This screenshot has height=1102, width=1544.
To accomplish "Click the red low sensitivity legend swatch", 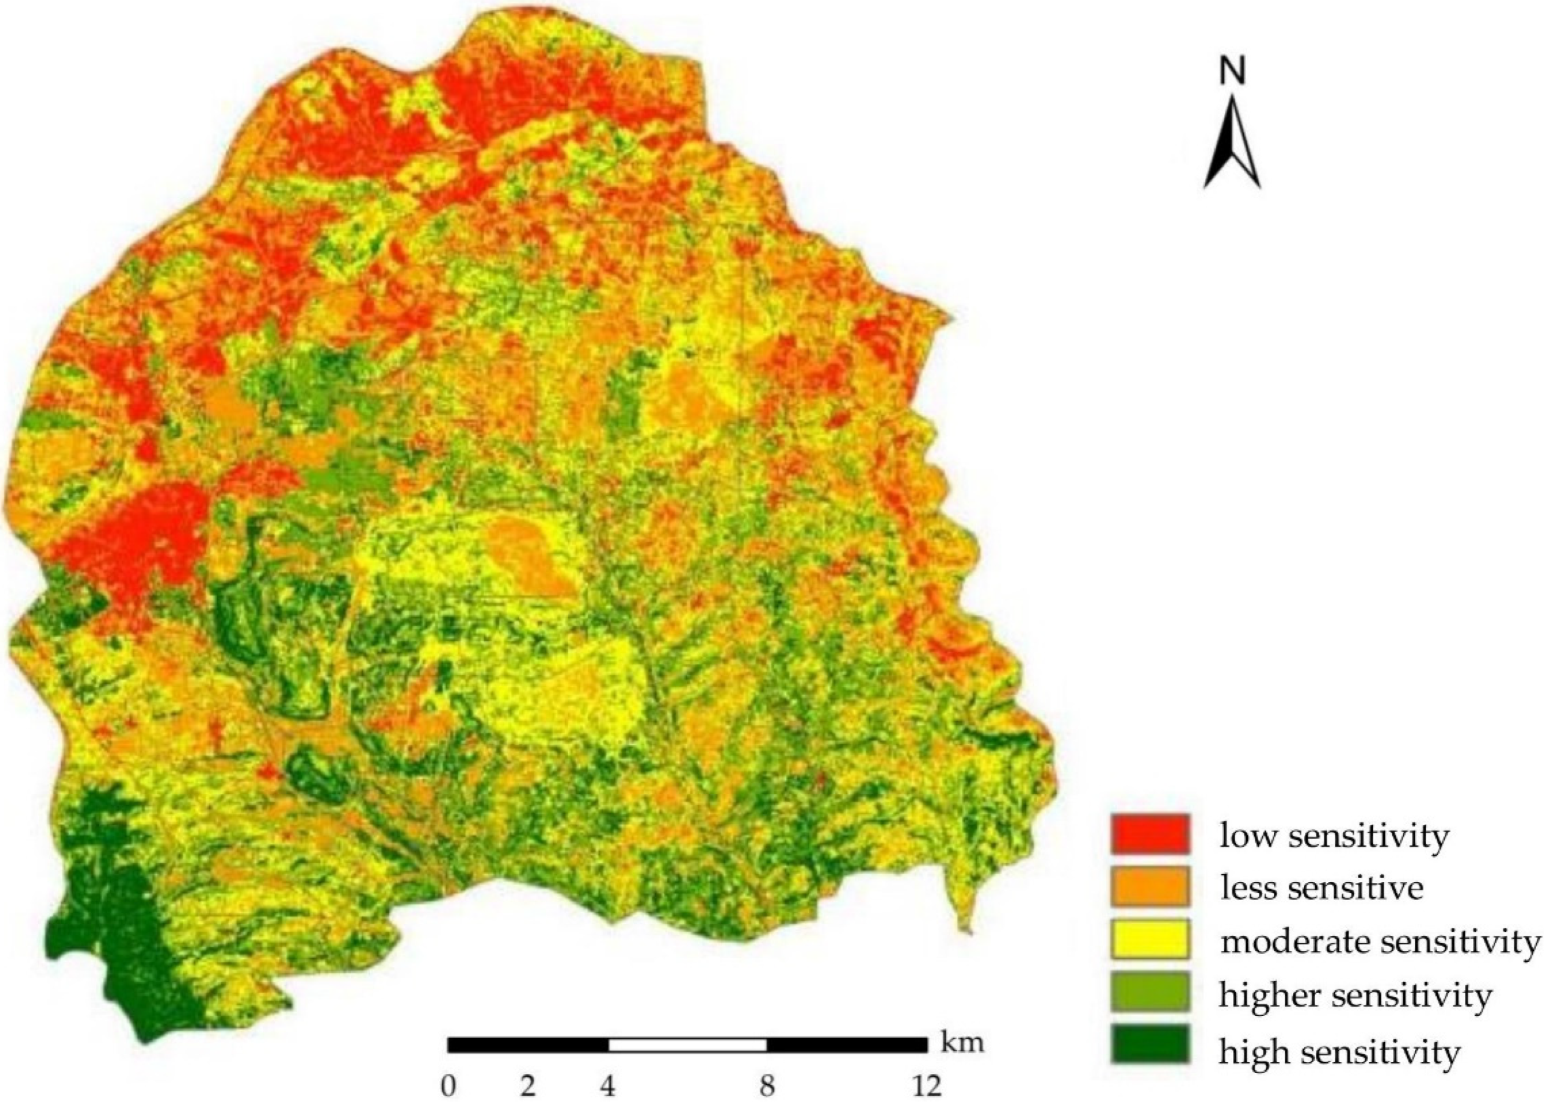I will point(1150,834).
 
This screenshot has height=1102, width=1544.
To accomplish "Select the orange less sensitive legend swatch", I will point(1150,886).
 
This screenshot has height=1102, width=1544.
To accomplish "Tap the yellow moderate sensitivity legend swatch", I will point(1150,939).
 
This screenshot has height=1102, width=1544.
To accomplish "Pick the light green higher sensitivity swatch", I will point(1150,992).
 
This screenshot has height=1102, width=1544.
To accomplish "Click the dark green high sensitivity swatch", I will point(1150,1045).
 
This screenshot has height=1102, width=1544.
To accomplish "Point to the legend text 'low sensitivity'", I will point(1334,835).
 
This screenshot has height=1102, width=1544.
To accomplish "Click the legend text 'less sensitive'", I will point(1321,888).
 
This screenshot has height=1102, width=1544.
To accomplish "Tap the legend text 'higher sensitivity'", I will point(1355,995).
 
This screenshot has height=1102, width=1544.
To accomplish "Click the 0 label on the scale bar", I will point(448,1086).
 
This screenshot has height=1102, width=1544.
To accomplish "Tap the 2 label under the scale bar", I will point(528,1086).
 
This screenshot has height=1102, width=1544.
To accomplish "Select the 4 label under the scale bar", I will point(607,1086).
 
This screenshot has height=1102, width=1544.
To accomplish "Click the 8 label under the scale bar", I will point(767,1086).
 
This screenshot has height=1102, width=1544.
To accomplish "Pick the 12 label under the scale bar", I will point(926,1086).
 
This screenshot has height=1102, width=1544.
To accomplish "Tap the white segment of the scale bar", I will point(687,1044).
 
